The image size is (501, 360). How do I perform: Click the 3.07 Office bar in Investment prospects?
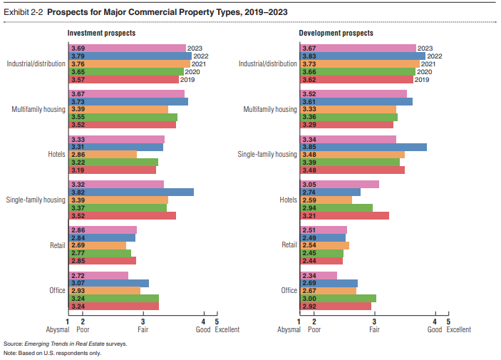[x=108, y=283]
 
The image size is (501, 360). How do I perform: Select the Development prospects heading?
[x=336, y=34]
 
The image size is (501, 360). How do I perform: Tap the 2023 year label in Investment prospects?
[x=195, y=48]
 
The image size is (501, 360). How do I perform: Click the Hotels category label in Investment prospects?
[x=54, y=154]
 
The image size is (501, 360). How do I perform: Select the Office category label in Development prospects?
[x=289, y=290]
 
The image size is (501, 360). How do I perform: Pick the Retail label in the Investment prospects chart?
[x=58, y=245]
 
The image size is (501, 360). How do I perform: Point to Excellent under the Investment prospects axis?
[x=224, y=329]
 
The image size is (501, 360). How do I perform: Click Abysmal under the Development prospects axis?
[x=289, y=329]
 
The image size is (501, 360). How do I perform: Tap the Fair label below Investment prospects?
[x=143, y=329]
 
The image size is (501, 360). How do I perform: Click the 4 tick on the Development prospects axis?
[x=435, y=322]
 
